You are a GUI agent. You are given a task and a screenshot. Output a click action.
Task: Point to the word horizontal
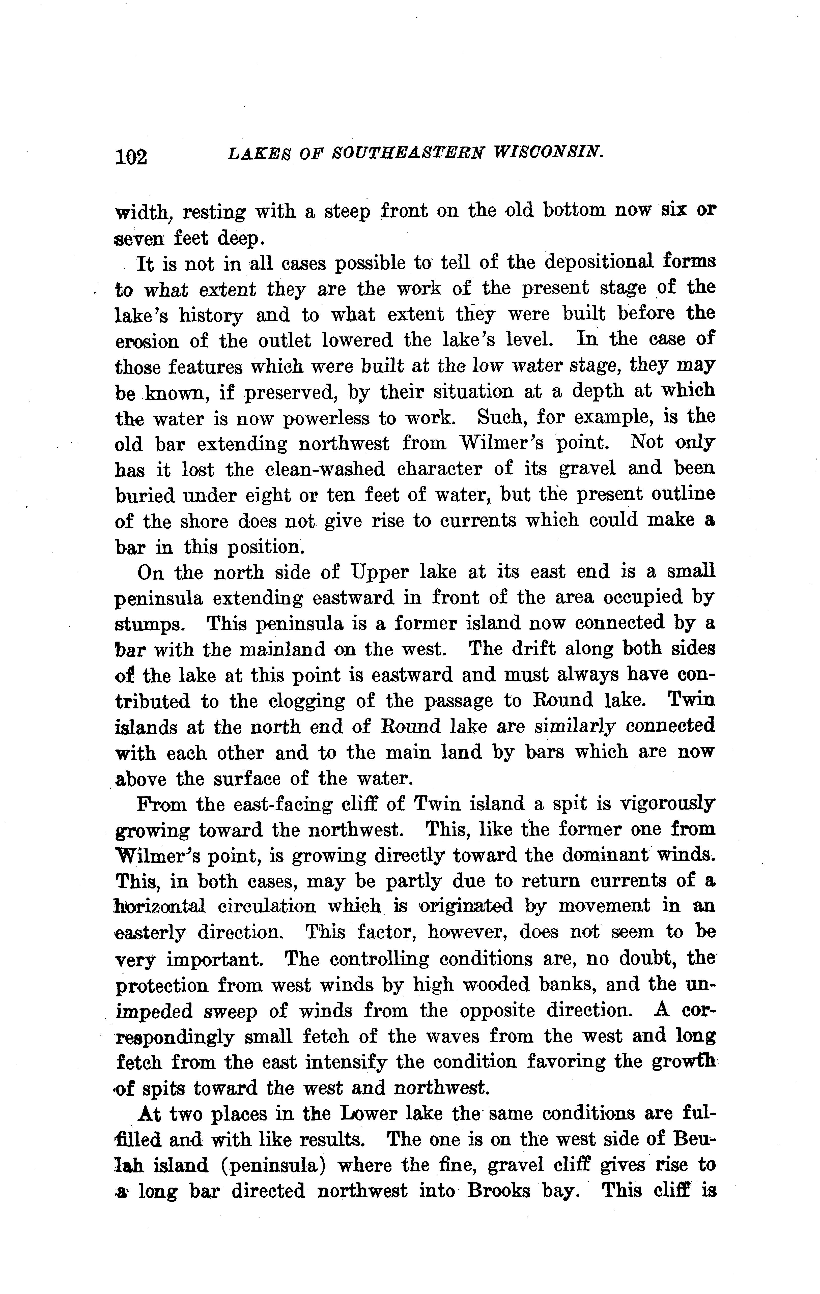(x=160, y=907)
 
